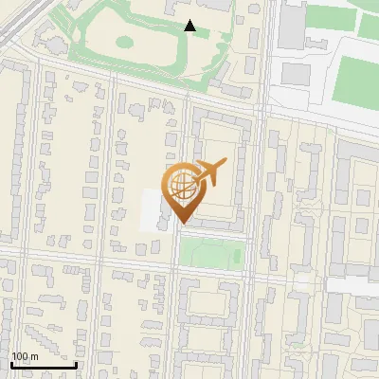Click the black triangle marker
pos(190,27)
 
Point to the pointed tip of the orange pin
pos(182,223)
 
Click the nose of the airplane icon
pos(225,162)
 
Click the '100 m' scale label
pos(25,356)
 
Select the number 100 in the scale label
pos(20,356)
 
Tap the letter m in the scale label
pos(34,356)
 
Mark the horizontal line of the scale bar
pos(43,365)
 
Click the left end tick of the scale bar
pos(10,363)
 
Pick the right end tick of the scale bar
pos(76,363)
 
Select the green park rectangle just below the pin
pos(212,253)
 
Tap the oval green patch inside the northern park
pos(124,42)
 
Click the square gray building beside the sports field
pos(297,72)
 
